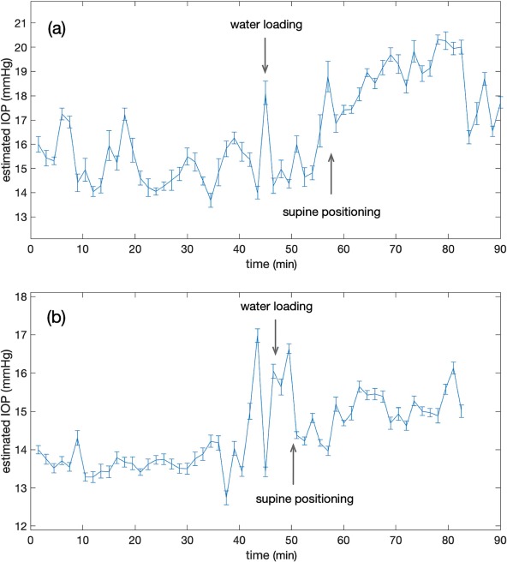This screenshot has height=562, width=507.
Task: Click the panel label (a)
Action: pyautogui.click(x=57, y=29)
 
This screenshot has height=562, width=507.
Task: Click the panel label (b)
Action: pyautogui.click(x=57, y=318)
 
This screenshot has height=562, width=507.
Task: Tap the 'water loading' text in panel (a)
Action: pyautogui.click(x=266, y=25)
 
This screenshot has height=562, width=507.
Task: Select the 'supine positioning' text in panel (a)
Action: pyautogui.click(x=331, y=212)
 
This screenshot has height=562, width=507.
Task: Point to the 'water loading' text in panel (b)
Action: pyautogui.click(x=277, y=307)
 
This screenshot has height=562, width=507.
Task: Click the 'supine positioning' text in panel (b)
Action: pyautogui.click(x=305, y=499)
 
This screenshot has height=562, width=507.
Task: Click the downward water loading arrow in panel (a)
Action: pyautogui.click(x=265, y=56)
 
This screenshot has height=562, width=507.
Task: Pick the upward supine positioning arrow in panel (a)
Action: pyautogui.click(x=331, y=174)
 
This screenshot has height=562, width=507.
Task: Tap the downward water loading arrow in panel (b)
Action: pyautogui.click(x=275, y=338)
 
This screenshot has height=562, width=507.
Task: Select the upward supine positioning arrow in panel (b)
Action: pyautogui.click(x=293, y=464)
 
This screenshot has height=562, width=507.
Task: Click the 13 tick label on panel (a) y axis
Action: pyautogui.click(x=20, y=217)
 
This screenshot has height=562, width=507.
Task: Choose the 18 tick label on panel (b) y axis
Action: pyautogui.click(x=20, y=296)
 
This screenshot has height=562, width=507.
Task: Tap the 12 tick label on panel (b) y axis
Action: pyautogui.click(x=20, y=526)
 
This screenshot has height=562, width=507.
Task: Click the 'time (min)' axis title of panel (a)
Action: pyautogui.click(x=271, y=265)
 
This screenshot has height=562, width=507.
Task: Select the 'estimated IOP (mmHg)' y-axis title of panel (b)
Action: pyautogui.click(x=7, y=410)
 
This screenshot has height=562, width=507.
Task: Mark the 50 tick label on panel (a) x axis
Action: pyautogui.click(x=291, y=248)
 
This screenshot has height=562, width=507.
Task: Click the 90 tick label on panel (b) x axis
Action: pyautogui.click(x=500, y=540)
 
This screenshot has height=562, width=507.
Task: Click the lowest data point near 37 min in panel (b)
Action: pyautogui.click(x=226, y=495)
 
